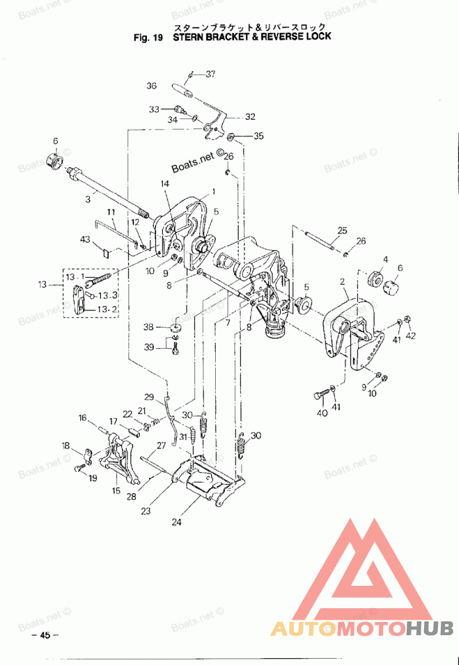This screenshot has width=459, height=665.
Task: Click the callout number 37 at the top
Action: tap(211, 73)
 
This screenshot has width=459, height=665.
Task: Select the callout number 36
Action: tap(151, 86)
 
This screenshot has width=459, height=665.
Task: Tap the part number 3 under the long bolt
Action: tap(88, 199)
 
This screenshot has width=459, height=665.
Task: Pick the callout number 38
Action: tap(149, 328)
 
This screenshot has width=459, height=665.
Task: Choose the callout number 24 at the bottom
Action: tap(176, 522)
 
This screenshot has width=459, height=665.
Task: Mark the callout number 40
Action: tap(321, 413)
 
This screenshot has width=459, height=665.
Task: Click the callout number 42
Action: tap(410, 336)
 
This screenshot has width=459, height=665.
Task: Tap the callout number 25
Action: tap(343, 231)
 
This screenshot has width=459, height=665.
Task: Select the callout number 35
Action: tap(259, 136)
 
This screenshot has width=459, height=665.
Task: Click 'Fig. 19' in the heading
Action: tap(148, 37)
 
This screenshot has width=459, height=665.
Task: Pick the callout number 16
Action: tap(82, 418)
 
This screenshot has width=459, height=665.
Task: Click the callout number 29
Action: tap(149, 397)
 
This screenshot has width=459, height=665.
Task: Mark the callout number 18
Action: tap(66, 445)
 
